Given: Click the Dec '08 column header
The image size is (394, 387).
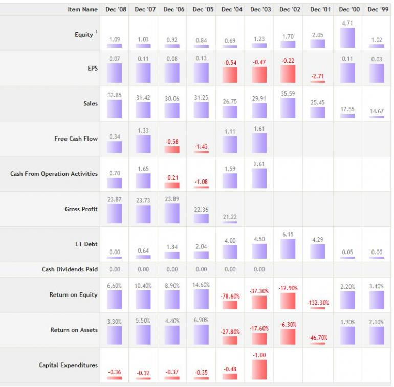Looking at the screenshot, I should pos(115,9).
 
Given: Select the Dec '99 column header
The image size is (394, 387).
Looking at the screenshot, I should pos(378,9).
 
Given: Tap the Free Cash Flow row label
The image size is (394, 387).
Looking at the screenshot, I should pos(76,139).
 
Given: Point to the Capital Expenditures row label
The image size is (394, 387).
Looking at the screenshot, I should pos(68,365).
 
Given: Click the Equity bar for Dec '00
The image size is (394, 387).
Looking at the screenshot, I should pos(347,38).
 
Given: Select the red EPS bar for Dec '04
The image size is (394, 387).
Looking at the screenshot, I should pos(230,75).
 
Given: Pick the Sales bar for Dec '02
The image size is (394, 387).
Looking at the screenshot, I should pos(288,108).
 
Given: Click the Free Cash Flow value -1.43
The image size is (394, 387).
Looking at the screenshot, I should pos(201,147).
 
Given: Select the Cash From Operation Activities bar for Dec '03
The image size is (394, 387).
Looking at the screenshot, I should pos(259,178).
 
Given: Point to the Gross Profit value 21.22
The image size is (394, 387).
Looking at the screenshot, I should pos(230,217).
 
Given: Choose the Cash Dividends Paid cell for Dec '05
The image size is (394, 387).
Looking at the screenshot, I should pos(201,269).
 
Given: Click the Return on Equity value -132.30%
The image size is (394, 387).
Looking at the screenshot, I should pos(318,303).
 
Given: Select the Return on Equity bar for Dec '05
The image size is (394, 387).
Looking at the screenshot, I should pos(201,300).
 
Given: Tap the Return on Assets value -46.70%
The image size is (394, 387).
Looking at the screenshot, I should pos(318,338).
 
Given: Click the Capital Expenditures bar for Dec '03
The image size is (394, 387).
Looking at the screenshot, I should pos(259,370).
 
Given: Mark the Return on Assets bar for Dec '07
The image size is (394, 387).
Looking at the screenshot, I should pos(144,335).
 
